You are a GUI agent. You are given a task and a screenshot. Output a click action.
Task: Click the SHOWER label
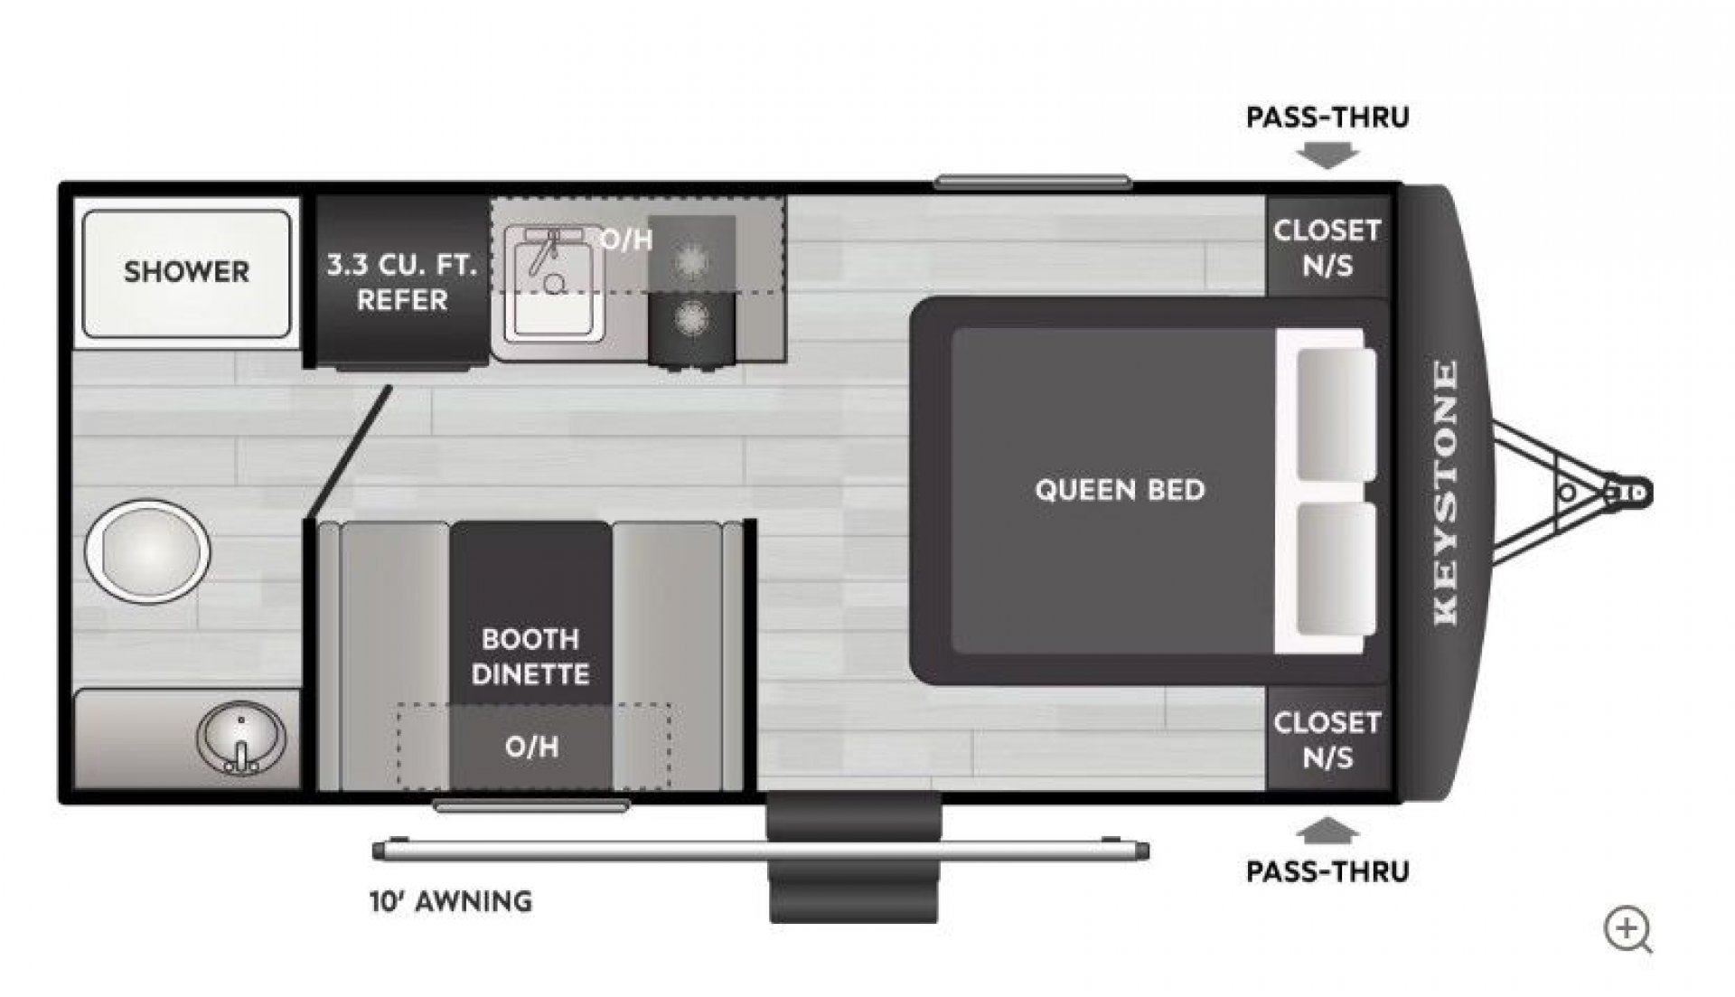[186, 271]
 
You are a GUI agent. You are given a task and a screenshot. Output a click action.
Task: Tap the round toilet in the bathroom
[147, 550]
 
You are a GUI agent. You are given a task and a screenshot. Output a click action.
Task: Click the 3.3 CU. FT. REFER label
[401, 283]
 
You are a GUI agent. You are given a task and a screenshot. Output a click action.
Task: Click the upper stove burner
[691, 259]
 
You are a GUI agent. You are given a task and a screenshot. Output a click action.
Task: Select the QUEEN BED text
[1120, 490]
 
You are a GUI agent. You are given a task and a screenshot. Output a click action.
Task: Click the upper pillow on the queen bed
[1336, 414]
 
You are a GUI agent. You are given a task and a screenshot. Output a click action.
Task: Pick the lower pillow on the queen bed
[1336, 569]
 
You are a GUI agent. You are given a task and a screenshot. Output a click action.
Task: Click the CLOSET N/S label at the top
[1327, 247]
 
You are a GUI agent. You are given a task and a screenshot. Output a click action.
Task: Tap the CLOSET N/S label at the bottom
[1327, 739]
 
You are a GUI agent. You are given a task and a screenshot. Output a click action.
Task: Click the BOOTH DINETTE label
[530, 656]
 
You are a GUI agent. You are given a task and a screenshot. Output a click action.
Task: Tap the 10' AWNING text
[451, 901]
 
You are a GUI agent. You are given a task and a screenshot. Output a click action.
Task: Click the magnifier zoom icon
[1627, 930]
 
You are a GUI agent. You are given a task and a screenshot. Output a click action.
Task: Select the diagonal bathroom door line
[350, 452]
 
